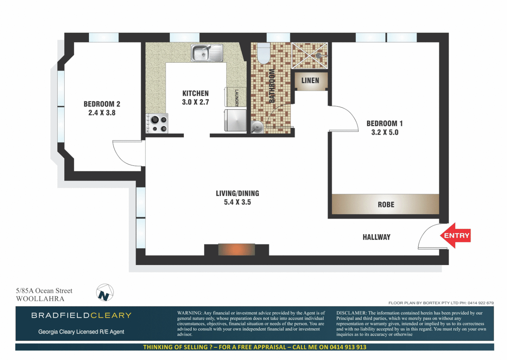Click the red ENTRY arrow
click(x=455, y=236)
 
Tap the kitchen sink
click(x=206, y=53)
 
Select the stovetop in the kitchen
click(x=157, y=124)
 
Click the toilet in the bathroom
click(x=264, y=53)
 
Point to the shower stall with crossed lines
click(x=310, y=56)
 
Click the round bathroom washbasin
click(x=257, y=127)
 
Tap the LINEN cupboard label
click(x=310, y=81)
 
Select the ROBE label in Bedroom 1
click(x=386, y=205)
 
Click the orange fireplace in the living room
click(x=236, y=249)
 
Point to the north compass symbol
click(x=105, y=293)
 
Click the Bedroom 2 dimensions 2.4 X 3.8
click(x=102, y=113)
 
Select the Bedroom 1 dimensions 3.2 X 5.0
click(x=385, y=132)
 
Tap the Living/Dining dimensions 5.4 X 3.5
click(x=237, y=202)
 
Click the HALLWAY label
click(x=376, y=237)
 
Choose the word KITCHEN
click(x=195, y=94)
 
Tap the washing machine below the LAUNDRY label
click(x=235, y=120)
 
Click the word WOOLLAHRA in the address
click(x=40, y=299)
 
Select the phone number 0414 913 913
click(x=348, y=347)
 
